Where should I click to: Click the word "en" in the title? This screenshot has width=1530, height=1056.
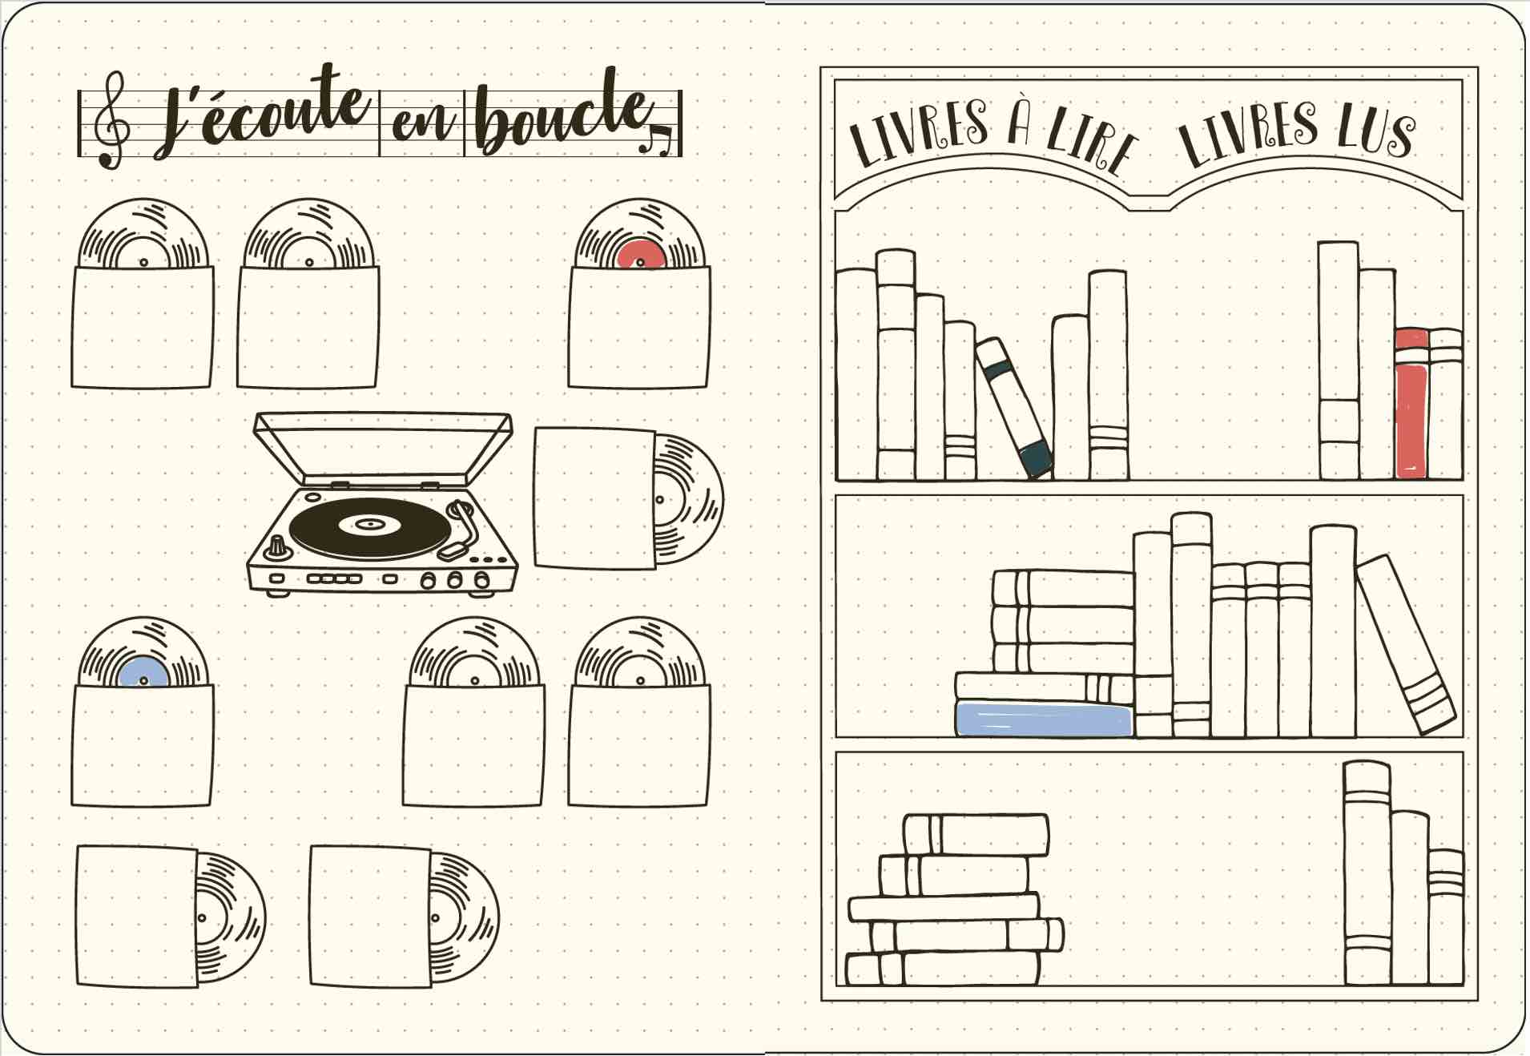pyautogui.click(x=422, y=125)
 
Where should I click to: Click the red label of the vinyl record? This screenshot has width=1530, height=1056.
pyautogui.click(x=641, y=254)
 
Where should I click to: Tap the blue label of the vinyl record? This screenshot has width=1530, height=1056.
pyautogui.click(x=143, y=671)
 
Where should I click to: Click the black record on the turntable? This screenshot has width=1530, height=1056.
pyautogui.click(x=369, y=527)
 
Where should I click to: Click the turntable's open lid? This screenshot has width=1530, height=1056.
pyautogui.click(x=383, y=449)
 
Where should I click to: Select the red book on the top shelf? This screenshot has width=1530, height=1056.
pyautogui.click(x=1411, y=403)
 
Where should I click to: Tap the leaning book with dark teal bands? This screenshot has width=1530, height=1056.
pyautogui.click(x=1013, y=407)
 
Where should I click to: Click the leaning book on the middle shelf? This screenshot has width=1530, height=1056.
pyautogui.click(x=1406, y=644)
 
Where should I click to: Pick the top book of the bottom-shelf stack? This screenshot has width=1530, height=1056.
pyautogui.click(x=976, y=835)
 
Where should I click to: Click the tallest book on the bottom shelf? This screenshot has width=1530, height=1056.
pyautogui.click(x=1367, y=873)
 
